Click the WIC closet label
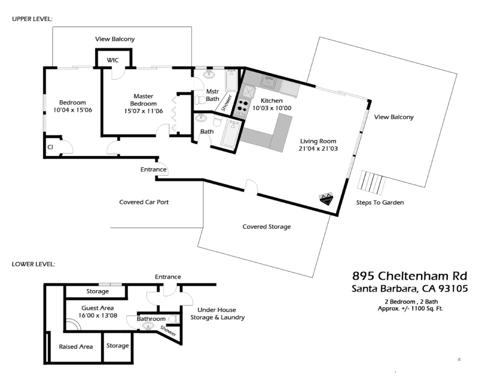113,60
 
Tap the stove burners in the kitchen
243,105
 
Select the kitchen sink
269,82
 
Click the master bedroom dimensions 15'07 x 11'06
143,111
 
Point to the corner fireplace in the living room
326,198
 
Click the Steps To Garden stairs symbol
371,183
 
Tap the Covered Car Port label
144,202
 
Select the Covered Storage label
267,226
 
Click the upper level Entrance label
153,169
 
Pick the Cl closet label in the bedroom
50,147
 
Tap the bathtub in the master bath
231,80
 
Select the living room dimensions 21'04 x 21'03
318,148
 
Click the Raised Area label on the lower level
76,347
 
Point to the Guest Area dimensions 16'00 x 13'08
98,315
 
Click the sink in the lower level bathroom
148,326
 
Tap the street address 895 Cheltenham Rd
409,276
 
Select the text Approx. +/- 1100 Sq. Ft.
410,308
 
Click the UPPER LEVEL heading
32,19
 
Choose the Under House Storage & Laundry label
218,314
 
